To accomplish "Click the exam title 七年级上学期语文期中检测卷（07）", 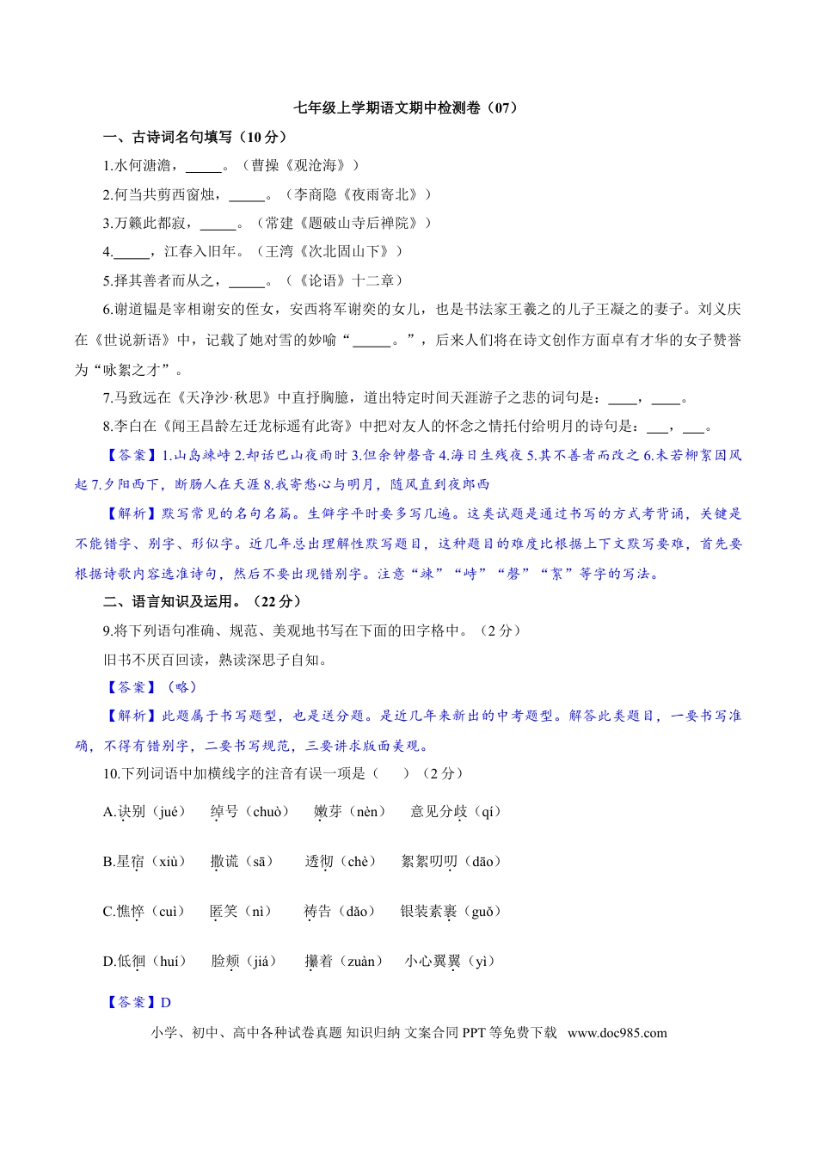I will point(408,108).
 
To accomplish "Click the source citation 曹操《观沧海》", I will point(299,165).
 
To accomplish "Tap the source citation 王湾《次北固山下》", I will point(329,252).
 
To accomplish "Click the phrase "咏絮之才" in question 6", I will point(130,370).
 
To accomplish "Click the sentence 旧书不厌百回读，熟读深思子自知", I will point(215,660).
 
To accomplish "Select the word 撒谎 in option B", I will point(224,861).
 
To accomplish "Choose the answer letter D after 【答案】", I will point(166,1002).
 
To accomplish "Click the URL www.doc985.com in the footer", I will point(617,1033).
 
